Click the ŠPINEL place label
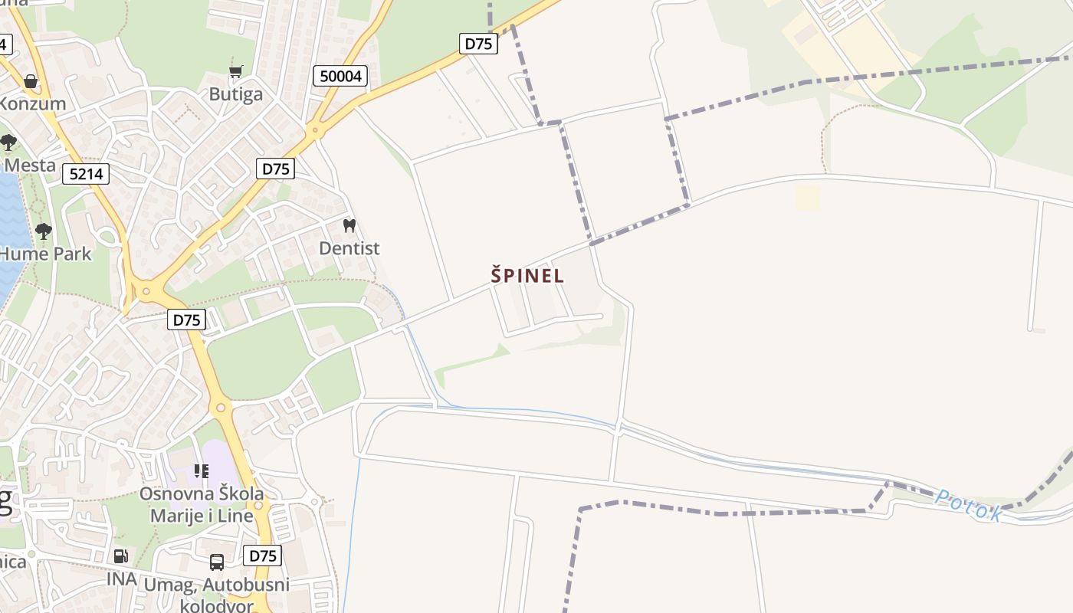point(527,275)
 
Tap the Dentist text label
point(349,248)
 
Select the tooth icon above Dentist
point(349,226)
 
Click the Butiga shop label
point(236,94)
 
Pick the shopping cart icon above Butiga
point(236,71)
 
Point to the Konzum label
point(32,103)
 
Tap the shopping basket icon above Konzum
point(31,80)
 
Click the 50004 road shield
point(340,76)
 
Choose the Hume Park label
point(46,254)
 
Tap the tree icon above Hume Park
point(44,231)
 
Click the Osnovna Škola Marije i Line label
point(202,504)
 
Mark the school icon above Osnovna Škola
point(202,470)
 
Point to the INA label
point(121,579)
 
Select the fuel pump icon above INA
point(120,556)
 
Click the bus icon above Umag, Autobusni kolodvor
point(217,562)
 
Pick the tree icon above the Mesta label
point(8,142)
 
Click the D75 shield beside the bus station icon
point(262,556)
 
